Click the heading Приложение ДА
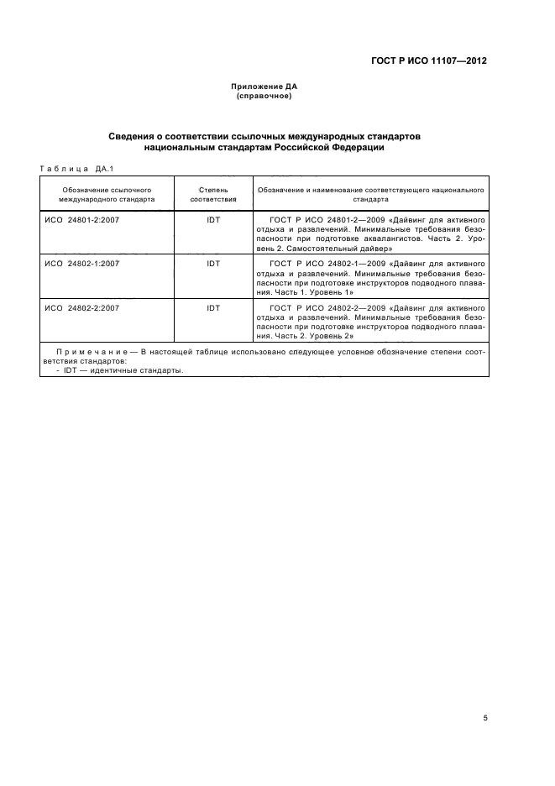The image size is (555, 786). [x=264, y=86]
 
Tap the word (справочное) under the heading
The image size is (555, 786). [x=264, y=96]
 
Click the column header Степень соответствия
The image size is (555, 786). [x=213, y=196]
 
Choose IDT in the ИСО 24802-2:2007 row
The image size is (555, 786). [x=213, y=308]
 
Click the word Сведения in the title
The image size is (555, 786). [x=135, y=135]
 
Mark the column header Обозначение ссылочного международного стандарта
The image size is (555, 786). [x=107, y=196]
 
